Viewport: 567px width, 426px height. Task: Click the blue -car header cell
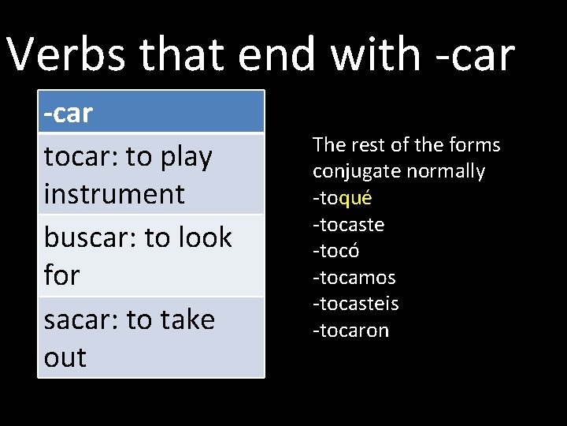[151, 113]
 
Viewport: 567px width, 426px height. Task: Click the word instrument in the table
[114, 194]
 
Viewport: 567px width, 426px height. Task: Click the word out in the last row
[65, 357]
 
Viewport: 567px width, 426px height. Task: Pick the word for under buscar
[62, 275]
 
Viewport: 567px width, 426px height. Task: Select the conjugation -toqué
[342, 198]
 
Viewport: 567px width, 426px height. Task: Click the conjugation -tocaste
[348, 225]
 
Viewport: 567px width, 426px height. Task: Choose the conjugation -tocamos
[354, 278]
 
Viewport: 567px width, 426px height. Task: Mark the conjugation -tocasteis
[355, 304]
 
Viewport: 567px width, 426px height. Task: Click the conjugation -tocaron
[350, 331]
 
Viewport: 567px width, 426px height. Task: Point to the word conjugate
[351, 171]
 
